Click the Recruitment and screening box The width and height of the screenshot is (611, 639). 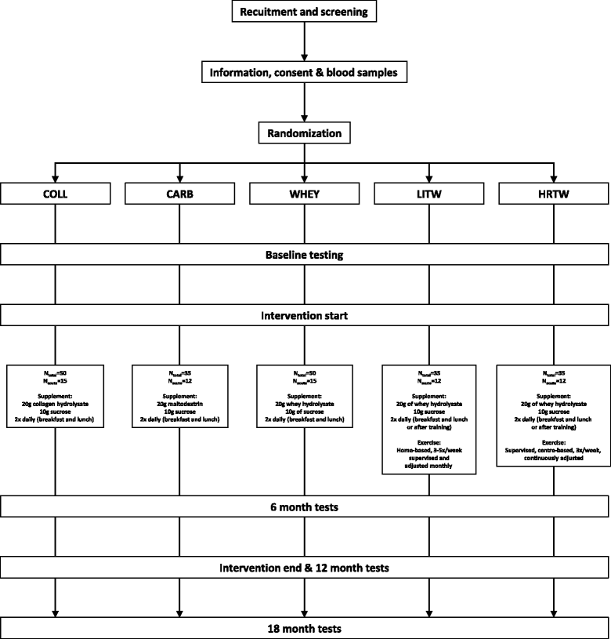(305, 12)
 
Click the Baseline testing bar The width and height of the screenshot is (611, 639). (305, 255)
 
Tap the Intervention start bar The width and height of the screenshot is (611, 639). (305, 316)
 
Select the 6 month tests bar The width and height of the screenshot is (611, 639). (305, 507)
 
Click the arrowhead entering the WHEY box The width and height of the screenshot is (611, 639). (305, 176)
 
